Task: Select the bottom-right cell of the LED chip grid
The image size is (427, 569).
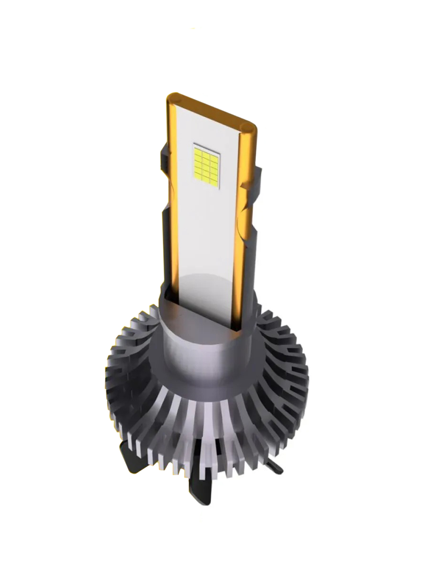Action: pos(214,180)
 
